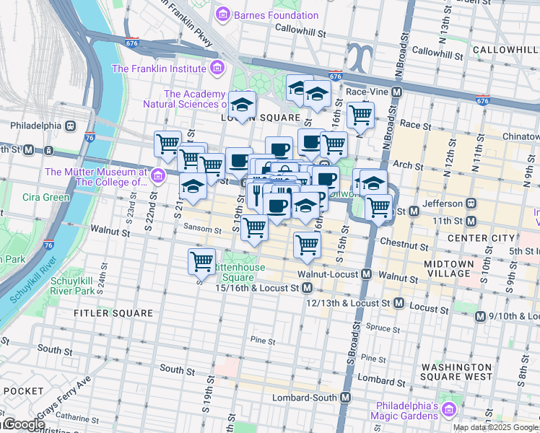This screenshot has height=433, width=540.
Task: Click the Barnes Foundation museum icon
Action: (224, 14)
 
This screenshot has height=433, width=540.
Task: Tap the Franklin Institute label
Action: (158, 69)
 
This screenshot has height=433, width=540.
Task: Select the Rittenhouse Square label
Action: (238, 272)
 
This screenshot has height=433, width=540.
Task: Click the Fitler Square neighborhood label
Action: (113, 313)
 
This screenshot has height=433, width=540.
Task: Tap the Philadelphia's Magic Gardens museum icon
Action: (448, 411)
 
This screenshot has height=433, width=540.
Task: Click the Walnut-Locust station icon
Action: (367, 274)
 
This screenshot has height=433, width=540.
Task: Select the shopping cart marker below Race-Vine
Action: (360, 114)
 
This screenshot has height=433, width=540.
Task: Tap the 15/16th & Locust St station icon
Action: (308, 288)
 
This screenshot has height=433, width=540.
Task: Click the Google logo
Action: (23, 425)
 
